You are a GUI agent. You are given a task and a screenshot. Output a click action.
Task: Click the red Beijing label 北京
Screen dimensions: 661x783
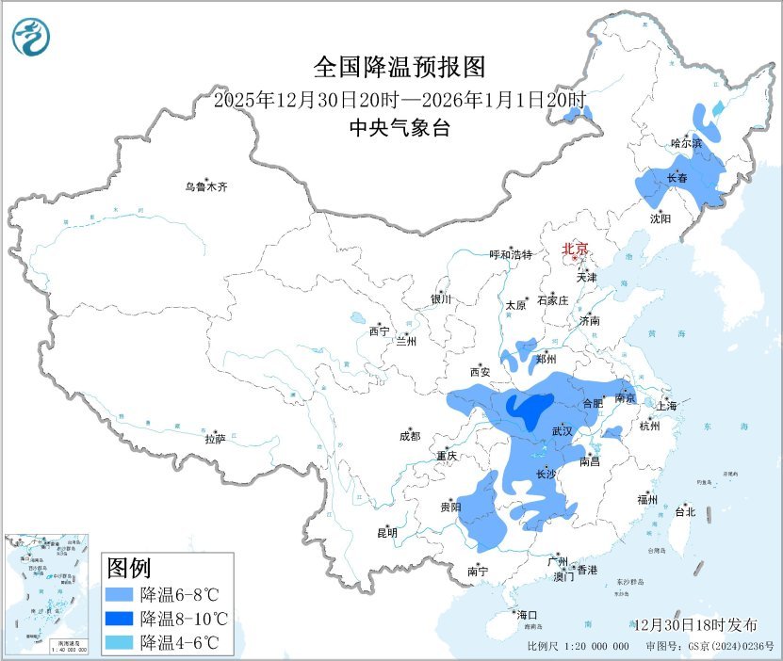[575, 250]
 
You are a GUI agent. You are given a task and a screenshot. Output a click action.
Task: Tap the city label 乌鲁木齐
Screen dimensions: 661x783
[205, 187]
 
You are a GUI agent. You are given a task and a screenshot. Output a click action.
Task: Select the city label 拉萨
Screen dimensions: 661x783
[215, 438]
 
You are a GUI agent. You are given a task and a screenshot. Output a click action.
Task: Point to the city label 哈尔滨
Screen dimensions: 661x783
[686, 143]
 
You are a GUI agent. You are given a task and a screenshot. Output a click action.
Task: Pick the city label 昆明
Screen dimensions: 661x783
[387, 533]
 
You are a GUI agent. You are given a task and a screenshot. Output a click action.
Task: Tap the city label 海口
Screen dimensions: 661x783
[527, 614]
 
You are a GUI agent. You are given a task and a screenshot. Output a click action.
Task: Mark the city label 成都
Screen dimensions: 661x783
[410, 436]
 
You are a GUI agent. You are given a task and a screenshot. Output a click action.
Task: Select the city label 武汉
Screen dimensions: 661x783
[563, 430]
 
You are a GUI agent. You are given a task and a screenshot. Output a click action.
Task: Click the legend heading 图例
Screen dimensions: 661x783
[129, 569]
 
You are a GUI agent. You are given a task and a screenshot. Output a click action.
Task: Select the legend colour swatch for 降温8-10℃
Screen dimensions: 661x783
[121, 619]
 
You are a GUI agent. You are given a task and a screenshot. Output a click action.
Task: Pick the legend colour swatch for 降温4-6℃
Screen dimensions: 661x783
[121, 643]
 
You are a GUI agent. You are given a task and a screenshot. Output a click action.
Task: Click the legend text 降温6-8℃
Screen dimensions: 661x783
[179, 595]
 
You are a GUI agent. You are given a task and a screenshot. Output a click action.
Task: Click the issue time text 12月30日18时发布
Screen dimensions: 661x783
[695, 624]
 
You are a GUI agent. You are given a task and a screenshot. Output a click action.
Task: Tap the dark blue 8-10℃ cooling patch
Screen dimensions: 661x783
[528, 408]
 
